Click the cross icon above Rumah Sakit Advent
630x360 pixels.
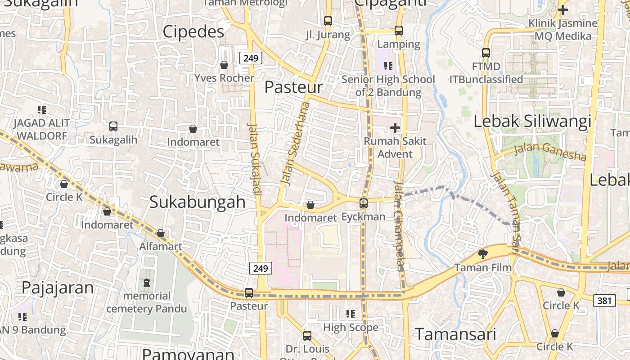click(395, 128)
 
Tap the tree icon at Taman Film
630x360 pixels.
click(483, 254)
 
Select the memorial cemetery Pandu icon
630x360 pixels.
click(146, 283)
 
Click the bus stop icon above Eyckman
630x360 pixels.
click(364, 203)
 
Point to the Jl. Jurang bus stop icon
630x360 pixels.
click(328, 21)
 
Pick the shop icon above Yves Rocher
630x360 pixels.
click(224, 65)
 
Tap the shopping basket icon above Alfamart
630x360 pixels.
click(160, 233)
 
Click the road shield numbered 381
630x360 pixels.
click(604, 300)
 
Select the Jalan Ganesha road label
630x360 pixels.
click(549, 151)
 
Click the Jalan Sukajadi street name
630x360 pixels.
click(255, 160)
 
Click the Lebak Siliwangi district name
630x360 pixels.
click(532, 121)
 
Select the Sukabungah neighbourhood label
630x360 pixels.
click(198, 202)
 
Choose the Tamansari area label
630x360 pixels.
click(455, 334)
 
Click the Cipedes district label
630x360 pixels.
click(193, 31)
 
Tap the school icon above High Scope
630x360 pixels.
click(351, 314)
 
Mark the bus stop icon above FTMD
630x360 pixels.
click(486, 53)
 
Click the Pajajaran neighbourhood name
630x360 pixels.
click(58, 288)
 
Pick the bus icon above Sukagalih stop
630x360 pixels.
click(113, 126)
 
